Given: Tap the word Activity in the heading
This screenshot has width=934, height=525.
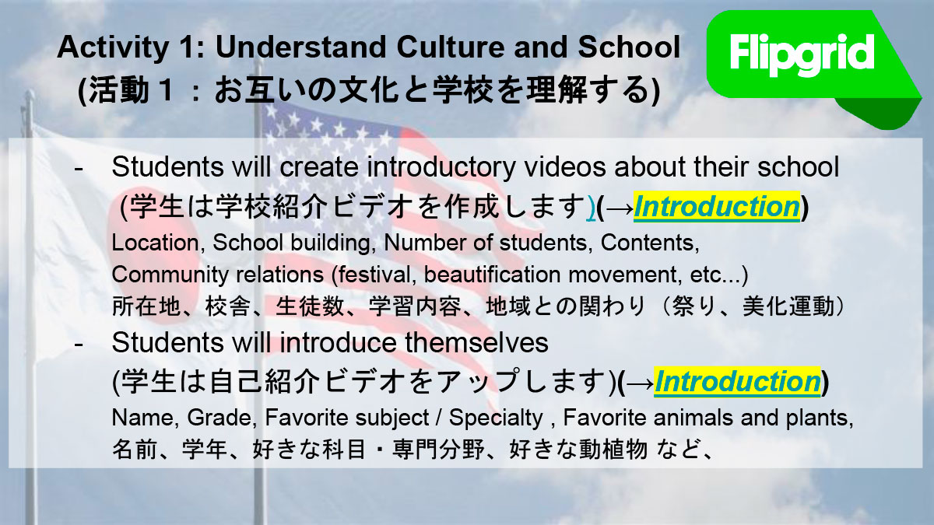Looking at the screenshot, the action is click(x=113, y=47).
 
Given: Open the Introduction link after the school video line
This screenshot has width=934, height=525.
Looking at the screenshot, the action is click(x=717, y=207).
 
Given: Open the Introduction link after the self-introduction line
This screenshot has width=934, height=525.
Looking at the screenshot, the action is click(x=737, y=382).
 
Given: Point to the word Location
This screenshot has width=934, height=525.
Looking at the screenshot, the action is click(x=156, y=243).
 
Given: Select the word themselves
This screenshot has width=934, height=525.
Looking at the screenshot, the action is click(x=476, y=342).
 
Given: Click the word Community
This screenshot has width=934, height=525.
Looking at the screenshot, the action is click(x=170, y=275).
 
